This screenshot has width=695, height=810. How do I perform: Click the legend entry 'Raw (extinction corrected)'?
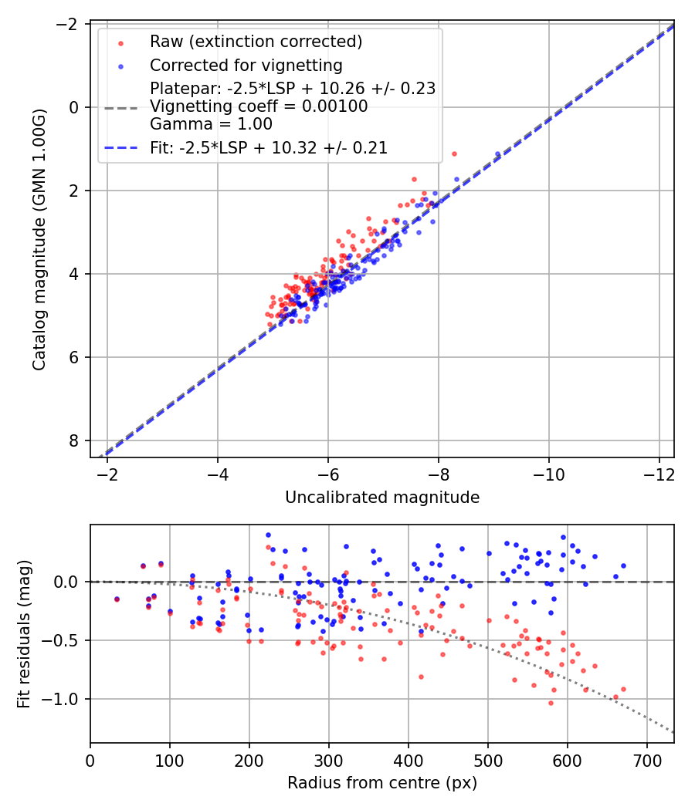coord(256,42)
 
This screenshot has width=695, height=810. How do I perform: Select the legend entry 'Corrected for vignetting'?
coord(246,65)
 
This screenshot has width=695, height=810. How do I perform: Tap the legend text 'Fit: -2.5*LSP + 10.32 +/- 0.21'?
coord(268,147)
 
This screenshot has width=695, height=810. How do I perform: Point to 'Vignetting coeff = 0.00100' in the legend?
coord(259,106)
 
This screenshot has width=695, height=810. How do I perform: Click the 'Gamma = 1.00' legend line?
coord(211,123)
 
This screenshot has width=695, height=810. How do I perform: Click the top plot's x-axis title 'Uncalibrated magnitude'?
coord(382,498)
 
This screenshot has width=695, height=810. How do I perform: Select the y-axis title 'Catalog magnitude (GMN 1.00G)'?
coord(39,240)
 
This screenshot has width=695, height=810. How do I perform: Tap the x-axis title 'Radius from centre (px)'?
coord(382,783)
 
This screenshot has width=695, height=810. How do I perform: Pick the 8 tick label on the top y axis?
coord(74,440)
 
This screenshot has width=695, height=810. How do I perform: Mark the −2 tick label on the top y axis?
coord(69,24)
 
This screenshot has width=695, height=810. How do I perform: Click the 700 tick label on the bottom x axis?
coord(646,759)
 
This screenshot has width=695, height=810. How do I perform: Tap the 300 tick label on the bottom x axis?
coord(328,759)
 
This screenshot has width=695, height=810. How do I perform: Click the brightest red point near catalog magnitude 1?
coord(454,154)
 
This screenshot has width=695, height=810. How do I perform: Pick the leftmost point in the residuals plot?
coord(117,599)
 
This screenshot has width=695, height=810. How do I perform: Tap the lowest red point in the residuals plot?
coord(551,703)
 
